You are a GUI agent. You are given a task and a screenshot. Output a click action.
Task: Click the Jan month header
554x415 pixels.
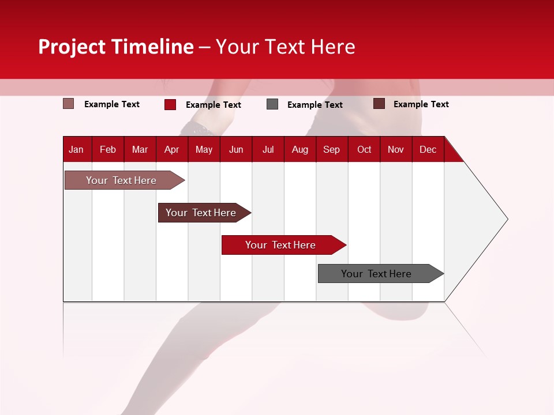[76, 150]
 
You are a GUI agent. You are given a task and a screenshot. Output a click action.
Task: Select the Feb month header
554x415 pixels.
[108, 150]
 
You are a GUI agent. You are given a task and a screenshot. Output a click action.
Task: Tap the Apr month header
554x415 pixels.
[171, 150]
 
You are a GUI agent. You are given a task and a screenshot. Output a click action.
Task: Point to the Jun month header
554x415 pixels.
[236, 150]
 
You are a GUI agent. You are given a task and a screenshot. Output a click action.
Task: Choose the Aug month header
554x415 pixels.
[300, 150]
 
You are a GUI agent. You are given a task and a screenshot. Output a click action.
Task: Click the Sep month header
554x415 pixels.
[331, 150]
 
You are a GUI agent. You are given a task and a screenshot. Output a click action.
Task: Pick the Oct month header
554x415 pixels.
[364, 150]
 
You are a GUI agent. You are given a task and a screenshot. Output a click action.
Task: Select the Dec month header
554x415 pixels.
[428, 150]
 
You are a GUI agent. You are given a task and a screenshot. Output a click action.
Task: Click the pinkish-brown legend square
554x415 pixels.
[69, 104]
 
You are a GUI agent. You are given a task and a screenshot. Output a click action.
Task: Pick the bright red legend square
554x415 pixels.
[170, 104]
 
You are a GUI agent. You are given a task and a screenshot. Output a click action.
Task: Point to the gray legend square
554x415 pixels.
[272, 104]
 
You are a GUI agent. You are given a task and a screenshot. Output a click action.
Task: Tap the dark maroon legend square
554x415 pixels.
[379, 104]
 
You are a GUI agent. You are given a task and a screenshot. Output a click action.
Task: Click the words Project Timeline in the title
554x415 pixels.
[115, 47]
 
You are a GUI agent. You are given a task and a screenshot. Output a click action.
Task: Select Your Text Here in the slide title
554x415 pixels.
[285, 47]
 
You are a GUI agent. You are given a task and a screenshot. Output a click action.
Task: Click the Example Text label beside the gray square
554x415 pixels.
[315, 105]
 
